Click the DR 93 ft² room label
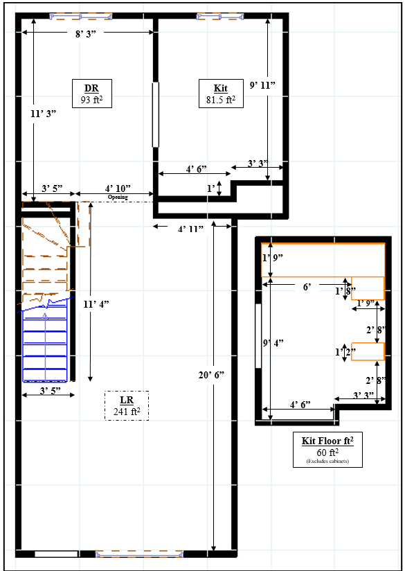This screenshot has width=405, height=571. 91,94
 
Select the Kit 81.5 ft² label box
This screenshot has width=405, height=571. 221,94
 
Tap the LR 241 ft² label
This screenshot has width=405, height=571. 127,405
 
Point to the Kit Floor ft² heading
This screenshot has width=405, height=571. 327,441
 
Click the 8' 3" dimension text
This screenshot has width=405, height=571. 86,33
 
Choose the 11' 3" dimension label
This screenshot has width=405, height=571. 44,114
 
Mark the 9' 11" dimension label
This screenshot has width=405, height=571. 262,85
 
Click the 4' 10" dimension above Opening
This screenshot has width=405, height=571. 118,188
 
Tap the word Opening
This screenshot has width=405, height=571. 118,197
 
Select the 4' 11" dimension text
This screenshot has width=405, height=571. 190,229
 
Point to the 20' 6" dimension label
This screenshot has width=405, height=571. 211,375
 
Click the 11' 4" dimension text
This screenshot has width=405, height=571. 96,304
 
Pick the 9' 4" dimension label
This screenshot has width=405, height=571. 273,343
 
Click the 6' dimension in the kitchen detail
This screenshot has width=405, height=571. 307,288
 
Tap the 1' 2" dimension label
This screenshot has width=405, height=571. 345,352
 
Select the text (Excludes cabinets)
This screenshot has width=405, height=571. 327,461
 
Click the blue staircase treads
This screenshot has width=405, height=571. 45,345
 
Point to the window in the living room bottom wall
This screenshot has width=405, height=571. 139,554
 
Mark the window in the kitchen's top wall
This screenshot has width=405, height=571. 220,17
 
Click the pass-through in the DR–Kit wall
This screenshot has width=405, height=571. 155,115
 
